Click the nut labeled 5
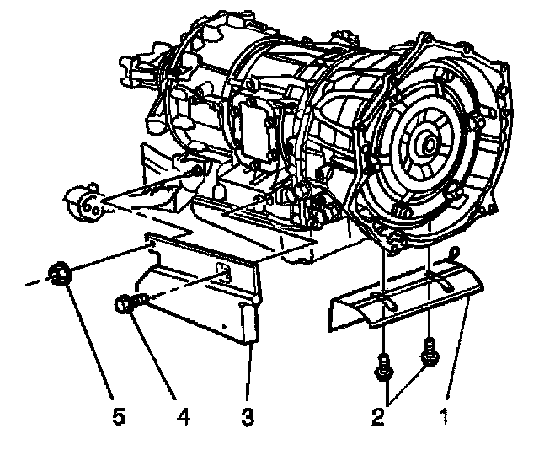click(60, 274)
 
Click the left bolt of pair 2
click(384, 364)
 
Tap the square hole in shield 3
click(224, 270)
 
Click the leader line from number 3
click(249, 371)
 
